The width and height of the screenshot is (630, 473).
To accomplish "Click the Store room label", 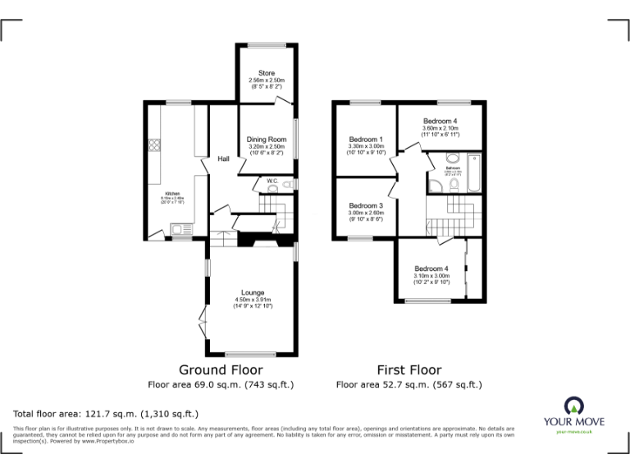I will (267, 73).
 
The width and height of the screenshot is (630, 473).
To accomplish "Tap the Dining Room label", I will (267, 140).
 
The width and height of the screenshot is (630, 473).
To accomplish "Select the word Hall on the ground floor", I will (223, 158).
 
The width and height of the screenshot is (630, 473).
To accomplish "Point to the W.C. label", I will (272, 181).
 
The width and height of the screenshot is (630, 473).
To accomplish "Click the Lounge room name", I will (253, 292).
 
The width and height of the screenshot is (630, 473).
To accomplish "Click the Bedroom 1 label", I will (365, 139).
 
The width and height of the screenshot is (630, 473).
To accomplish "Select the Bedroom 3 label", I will (365, 205).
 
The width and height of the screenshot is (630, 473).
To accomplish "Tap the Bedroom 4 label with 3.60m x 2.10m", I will (440, 121).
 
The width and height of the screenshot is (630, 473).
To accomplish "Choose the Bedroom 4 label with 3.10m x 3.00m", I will (431, 269).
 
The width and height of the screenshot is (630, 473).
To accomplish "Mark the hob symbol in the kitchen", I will (154, 146).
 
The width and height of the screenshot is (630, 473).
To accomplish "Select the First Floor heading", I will (409, 370).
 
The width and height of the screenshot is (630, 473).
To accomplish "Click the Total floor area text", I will (106, 414).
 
